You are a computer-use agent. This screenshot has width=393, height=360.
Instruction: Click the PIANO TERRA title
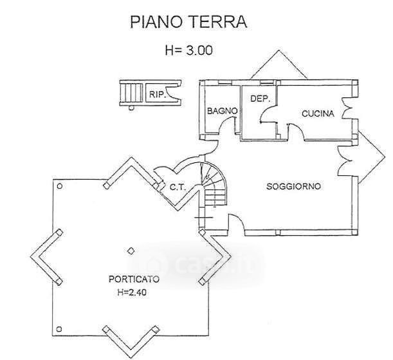(188, 22)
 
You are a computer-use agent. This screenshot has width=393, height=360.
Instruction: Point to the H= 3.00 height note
(188, 50)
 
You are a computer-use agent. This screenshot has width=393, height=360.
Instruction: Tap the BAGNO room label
(223, 111)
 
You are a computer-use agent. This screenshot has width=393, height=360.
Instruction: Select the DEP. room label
(260, 99)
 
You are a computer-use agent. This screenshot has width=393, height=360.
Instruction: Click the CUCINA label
(318, 113)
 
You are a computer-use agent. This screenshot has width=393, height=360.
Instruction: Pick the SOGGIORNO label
(293, 186)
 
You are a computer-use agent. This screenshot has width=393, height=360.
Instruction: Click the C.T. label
(178, 187)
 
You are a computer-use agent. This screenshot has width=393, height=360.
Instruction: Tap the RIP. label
(158, 95)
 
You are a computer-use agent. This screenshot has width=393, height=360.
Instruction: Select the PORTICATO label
(134, 279)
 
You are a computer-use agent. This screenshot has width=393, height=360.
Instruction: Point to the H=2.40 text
(132, 292)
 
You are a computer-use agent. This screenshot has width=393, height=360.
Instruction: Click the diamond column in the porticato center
(131, 251)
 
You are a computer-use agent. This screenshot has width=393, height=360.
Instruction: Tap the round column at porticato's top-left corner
(60, 186)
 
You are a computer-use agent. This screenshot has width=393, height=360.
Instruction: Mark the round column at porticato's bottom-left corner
(59, 329)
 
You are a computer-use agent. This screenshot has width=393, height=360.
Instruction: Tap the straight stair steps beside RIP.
(131, 93)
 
